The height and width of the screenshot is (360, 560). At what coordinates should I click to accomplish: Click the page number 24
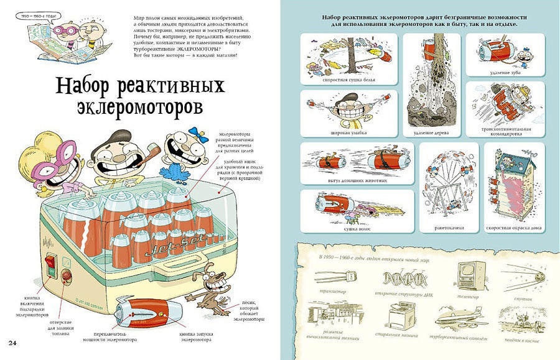(12, 343)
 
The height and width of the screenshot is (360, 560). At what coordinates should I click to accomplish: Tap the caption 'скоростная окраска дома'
(518, 228)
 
